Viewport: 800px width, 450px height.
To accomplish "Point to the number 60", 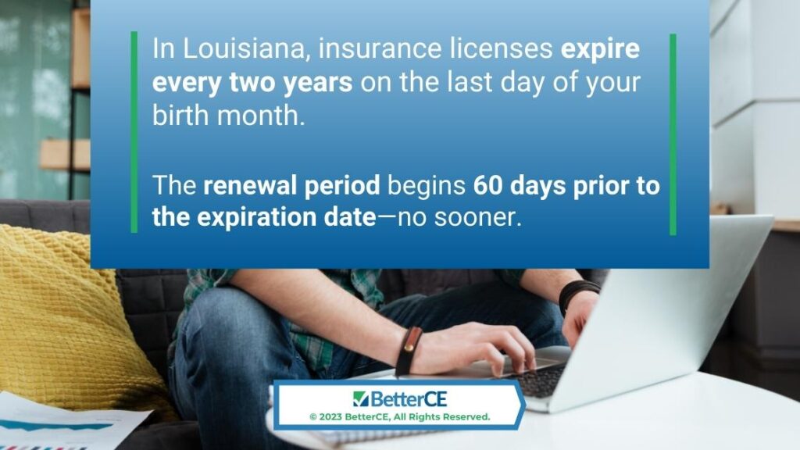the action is pos(487,185).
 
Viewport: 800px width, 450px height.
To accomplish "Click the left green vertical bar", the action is pos(134,132).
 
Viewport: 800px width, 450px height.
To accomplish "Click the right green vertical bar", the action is pos(673,134).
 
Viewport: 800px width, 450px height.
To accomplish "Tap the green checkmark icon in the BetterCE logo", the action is pos(360,398).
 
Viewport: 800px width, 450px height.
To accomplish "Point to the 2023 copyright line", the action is pos(399,417).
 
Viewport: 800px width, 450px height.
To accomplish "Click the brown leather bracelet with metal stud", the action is pos(409,351).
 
